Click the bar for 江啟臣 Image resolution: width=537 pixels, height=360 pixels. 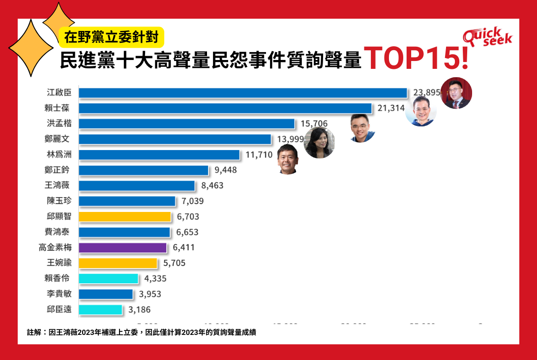coord(243,93)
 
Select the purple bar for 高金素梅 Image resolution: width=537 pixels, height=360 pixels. coord(122,248)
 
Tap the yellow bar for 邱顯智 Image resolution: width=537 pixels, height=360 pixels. coord(124,217)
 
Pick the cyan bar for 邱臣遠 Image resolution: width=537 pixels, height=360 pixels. coord(100,310)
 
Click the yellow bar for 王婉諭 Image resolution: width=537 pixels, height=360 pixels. coord(118,263)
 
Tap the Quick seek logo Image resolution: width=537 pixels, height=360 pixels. coord(487,37)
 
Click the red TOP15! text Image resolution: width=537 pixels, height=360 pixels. coord(416,59)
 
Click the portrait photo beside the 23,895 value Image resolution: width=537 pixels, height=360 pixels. coord(456,93)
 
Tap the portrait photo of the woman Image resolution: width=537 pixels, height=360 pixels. coord(319,143)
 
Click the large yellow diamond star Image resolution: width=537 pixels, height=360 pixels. coord(30,49)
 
